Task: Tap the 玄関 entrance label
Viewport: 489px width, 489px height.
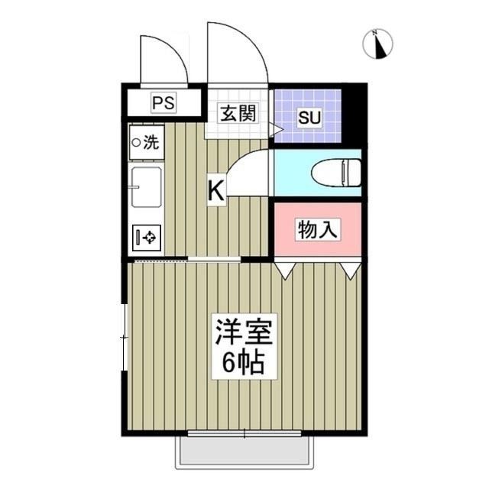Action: (x=237, y=115)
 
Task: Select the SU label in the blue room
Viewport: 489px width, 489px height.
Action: (x=308, y=118)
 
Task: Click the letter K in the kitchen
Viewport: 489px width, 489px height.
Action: (x=216, y=191)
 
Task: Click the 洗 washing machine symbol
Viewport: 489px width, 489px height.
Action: (x=146, y=141)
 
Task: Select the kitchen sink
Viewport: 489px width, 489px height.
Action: (x=145, y=187)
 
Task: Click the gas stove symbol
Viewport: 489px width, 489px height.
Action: (x=147, y=238)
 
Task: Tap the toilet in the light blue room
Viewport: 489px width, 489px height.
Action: (x=336, y=172)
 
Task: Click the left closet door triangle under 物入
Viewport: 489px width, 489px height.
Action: (x=284, y=270)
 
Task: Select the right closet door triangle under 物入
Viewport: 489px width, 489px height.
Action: (x=350, y=270)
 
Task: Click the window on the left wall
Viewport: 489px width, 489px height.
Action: (x=125, y=336)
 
